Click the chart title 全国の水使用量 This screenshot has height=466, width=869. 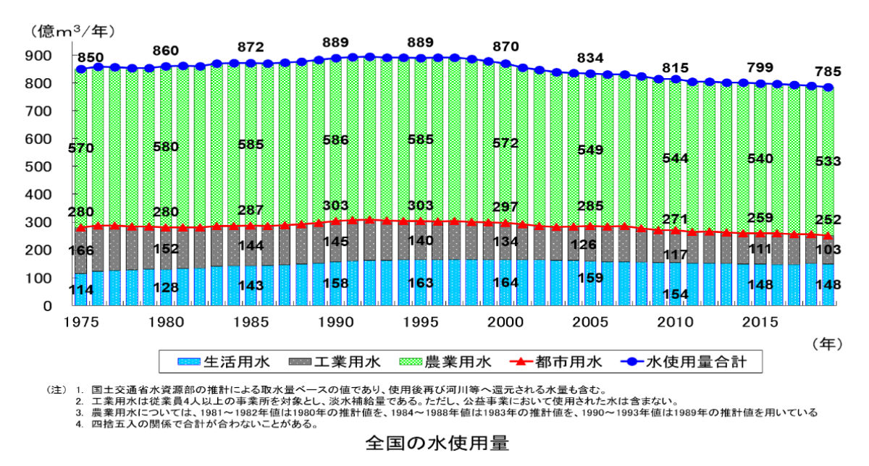437,443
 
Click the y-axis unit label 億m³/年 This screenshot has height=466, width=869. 72,31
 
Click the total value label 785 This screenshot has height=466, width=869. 828,72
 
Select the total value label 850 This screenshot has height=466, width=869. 91,57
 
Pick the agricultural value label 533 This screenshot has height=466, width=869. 828,161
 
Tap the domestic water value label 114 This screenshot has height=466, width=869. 81,290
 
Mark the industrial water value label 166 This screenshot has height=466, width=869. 81,251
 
